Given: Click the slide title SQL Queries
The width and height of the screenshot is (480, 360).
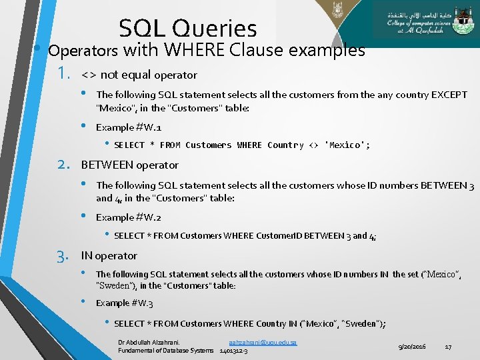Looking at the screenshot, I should pyautogui.click(x=188, y=28).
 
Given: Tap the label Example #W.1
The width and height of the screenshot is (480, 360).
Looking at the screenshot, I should pyautogui.click(x=129, y=127).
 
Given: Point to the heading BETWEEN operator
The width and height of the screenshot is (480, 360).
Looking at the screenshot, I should pyautogui.click(x=129, y=165).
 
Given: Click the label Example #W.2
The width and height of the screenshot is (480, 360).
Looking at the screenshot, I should pyautogui.click(x=129, y=217).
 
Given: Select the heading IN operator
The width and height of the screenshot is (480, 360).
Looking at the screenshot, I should pyautogui.click(x=109, y=255).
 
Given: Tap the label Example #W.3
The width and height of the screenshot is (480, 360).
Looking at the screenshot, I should pyautogui.click(x=125, y=303).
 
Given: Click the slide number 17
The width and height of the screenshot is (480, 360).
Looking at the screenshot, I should pyautogui.click(x=448, y=347).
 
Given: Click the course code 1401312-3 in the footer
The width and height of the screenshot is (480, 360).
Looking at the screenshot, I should pyautogui.click(x=234, y=351).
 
